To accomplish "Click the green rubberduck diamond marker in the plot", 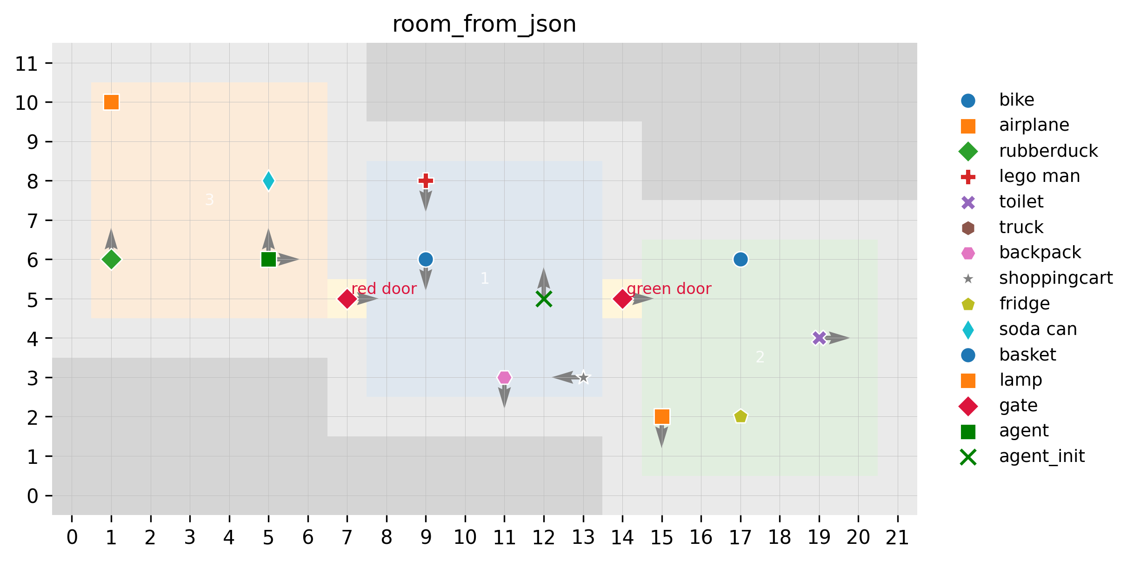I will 111,259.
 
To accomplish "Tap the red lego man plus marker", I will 426,181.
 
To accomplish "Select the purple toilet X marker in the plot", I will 819,338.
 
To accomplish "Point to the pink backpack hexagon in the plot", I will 504,377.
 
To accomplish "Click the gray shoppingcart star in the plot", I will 583,377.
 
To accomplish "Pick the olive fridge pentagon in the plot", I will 740,416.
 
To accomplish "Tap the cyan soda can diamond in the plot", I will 268,181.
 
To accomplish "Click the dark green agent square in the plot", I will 268,259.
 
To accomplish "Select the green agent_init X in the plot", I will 544,299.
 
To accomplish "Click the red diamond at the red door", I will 347,299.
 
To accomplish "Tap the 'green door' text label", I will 669,289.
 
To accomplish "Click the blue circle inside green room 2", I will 740,259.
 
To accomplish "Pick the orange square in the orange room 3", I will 111,102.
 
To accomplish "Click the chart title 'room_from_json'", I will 484,24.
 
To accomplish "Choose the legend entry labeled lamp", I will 1021,380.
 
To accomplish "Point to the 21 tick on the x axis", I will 897,538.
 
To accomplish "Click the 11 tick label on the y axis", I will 26,63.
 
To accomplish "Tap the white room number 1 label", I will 485,279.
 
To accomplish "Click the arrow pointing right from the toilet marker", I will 838,338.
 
